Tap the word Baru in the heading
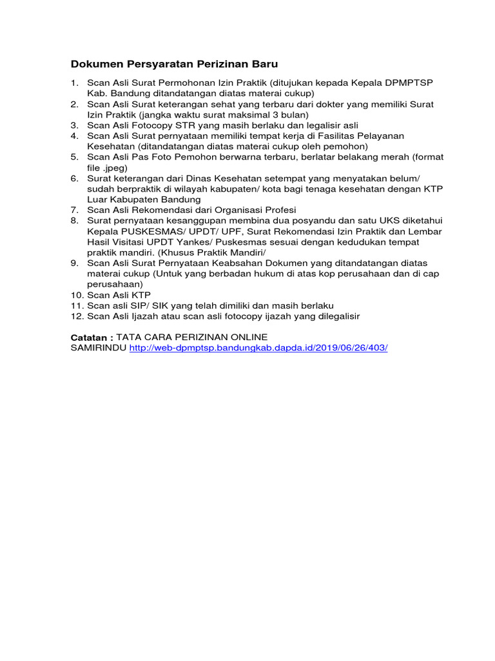[x=264, y=65]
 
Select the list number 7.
[x=74, y=210]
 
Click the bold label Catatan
[x=91, y=337]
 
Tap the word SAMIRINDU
[x=97, y=347]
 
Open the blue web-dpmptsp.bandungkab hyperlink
[x=258, y=347]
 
